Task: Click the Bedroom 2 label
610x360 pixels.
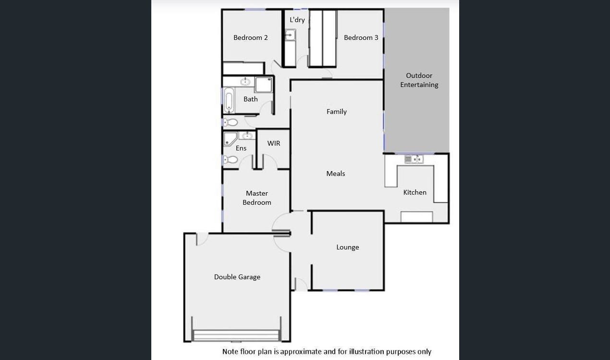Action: click(250, 37)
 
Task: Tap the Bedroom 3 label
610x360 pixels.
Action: click(361, 37)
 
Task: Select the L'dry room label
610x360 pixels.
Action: click(297, 20)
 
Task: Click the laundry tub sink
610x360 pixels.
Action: click(290, 35)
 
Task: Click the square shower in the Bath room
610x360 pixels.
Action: click(263, 85)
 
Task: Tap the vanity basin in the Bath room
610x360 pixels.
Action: click(245, 82)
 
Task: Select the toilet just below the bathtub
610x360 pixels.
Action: click(231, 122)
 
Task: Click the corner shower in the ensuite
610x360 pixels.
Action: click(230, 139)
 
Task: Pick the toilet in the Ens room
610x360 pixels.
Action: click(231, 160)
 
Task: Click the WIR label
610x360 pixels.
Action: click(273, 143)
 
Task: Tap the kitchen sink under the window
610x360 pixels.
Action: click(413, 159)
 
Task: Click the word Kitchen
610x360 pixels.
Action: click(415, 192)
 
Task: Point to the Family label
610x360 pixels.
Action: click(336, 112)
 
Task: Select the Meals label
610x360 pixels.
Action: click(335, 174)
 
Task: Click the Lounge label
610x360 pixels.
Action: click(347, 247)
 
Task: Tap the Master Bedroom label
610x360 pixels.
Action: click(256, 198)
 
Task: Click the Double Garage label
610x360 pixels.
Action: click(237, 277)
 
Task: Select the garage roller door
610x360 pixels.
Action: click(236, 335)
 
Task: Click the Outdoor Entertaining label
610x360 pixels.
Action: click(419, 80)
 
